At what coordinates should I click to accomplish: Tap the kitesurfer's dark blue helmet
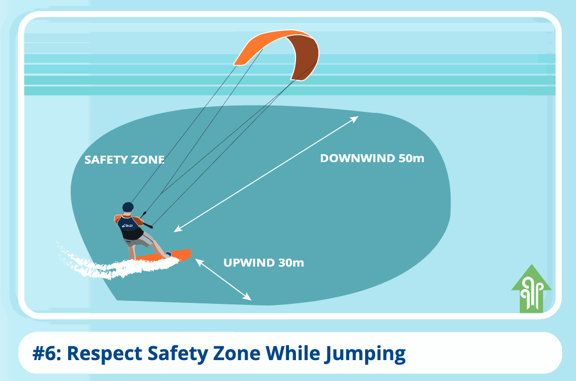point(128,207)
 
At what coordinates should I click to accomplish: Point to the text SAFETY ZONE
point(124,160)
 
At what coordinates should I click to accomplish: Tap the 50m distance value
point(411,158)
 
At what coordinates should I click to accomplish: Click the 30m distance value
point(291,263)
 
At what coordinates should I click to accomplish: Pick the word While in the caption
point(292,353)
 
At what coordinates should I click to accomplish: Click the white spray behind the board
point(103,265)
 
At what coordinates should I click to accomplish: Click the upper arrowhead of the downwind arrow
point(354,119)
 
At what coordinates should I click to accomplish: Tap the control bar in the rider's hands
point(146,220)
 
